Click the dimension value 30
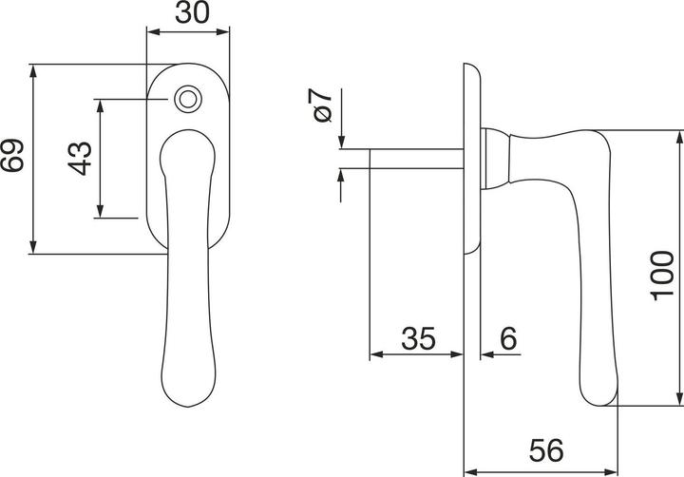(188, 13)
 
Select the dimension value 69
(12, 158)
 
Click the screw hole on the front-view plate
(187, 98)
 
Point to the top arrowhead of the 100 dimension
(678, 137)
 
